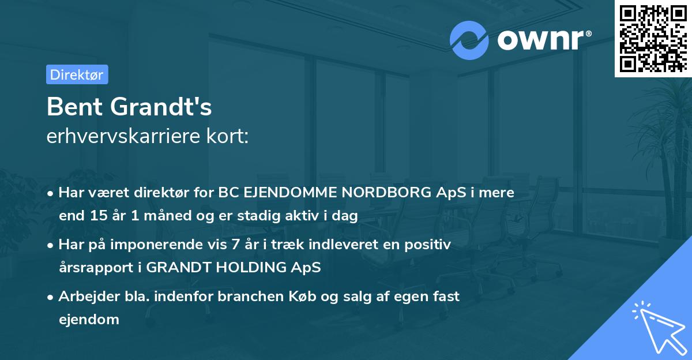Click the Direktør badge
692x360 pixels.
click(x=77, y=74)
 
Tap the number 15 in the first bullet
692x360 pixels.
click(x=95, y=216)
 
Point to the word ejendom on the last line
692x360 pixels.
click(x=89, y=319)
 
